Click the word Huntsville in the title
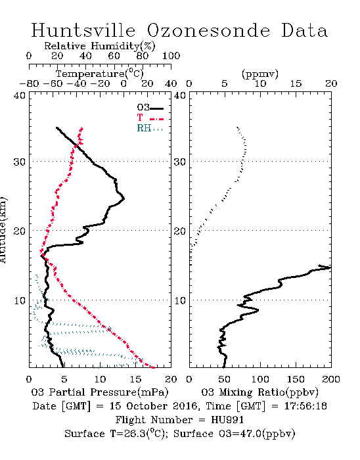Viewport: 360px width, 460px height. pyautogui.click(x=83, y=30)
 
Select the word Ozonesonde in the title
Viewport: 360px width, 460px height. pyautogui.click(x=208, y=30)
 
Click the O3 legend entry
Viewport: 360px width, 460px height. pyautogui.click(x=150, y=108)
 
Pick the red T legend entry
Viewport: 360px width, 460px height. pyautogui.click(x=150, y=118)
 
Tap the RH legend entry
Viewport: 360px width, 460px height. pyautogui.click(x=150, y=128)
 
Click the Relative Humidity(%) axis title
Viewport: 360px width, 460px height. pyautogui.click(x=100, y=46)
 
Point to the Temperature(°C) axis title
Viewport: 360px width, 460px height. pyautogui.click(x=100, y=74)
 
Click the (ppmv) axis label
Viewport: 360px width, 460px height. pyautogui.click(x=260, y=74)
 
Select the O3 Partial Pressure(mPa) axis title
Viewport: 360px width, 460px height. pyautogui.click(x=100, y=392)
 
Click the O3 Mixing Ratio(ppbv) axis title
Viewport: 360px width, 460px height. pyautogui.click(x=259, y=392)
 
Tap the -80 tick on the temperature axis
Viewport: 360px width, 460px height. pyautogui.click(x=30, y=83)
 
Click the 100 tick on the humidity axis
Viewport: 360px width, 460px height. pyautogui.click(x=171, y=56)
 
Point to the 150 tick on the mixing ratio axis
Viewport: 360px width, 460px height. pyautogui.click(x=296, y=379)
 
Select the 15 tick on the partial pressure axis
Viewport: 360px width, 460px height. pyautogui.click(x=135, y=379)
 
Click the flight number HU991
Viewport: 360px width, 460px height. pyautogui.click(x=227, y=420)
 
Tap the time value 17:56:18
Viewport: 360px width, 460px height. pyautogui.click(x=305, y=406)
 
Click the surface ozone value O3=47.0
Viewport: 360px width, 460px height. pyautogui.click(x=240, y=434)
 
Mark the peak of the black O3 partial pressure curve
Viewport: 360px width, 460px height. pyautogui.click(x=124, y=198)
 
